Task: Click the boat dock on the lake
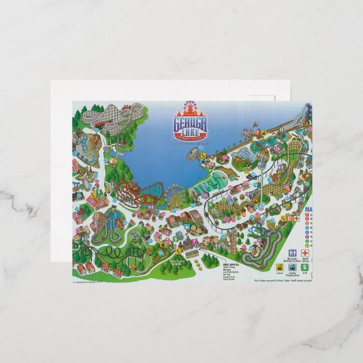coord(205,155)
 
